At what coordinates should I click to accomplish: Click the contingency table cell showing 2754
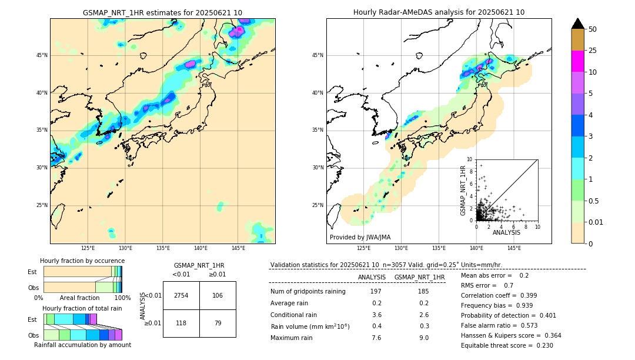(181, 295)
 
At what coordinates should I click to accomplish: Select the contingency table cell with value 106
(218, 295)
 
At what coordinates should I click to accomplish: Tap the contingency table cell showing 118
(181, 323)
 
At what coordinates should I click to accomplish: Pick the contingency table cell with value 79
(218, 323)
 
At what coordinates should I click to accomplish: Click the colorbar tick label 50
(593, 29)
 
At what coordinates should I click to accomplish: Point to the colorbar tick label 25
(593, 51)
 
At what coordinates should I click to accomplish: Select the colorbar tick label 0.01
(596, 222)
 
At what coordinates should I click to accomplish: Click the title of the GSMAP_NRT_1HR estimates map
(162, 12)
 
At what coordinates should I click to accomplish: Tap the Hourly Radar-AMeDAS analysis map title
(439, 12)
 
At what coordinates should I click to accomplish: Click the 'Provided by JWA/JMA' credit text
(360, 237)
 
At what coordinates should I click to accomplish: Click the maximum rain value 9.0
(423, 338)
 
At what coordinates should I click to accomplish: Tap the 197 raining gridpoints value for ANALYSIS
(376, 292)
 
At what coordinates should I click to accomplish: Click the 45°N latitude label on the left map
(42, 55)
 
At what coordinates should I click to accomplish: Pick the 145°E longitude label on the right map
(514, 248)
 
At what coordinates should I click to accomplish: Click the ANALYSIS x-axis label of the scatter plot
(506, 233)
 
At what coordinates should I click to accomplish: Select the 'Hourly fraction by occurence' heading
(82, 261)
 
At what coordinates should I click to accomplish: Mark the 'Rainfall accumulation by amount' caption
(82, 345)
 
